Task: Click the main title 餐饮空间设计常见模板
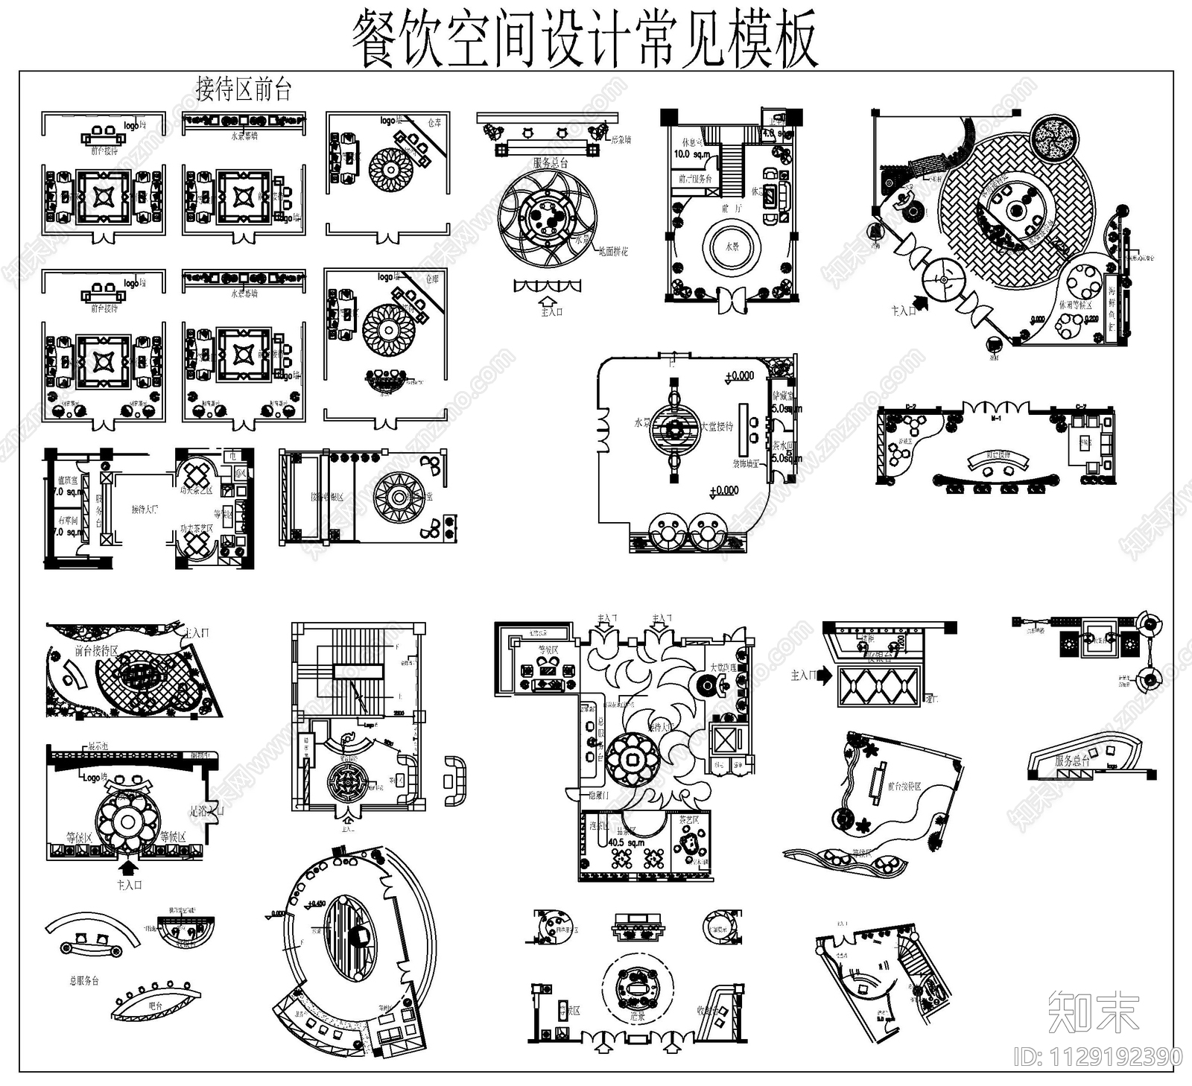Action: click(585, 39)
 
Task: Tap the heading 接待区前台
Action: click(244, 89)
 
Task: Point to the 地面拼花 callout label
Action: click(613, 252)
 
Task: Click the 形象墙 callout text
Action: click(621, 139)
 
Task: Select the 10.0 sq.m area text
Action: click(692, 154)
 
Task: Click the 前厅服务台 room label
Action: click(695, 180)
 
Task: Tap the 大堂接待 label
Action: click(717, 427)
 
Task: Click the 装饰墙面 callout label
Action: click(746, 463)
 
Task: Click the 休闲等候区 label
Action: click(1075, 305)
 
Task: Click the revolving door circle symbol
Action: click(943, 279)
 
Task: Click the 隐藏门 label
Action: click(598, 796)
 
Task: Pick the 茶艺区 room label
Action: click(689, 820)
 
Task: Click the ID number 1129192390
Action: click(1099, 1056)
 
